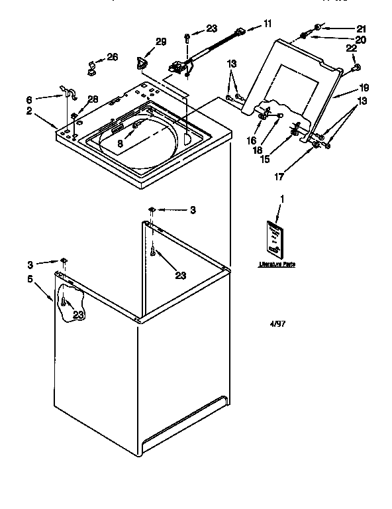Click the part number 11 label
tap(268, 24)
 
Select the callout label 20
tap(360, 40)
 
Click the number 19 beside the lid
tap(364, 87)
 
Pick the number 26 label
tap(113, 57)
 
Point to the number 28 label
tap(93, 99)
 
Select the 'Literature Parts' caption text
tap(277, 264)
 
